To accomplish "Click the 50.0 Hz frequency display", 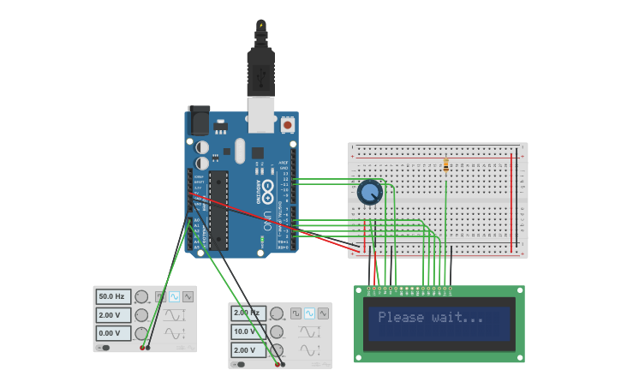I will [x=112, y=296].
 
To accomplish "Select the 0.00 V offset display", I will [x=112, y=333].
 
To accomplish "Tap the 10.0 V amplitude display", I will [x=248, y=331].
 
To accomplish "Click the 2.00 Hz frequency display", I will [x=248, y=313].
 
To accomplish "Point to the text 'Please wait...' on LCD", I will [x=430, y=318].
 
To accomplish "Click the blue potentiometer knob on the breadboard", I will [x=369, y=193].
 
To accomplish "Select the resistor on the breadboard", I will [x=446, y=165].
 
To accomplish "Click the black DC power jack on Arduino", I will [x=199, y=121].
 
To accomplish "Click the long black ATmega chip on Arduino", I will [x=218, y=210].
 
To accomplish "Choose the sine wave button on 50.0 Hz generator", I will [x=174, y=296].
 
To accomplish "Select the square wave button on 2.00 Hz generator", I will [x=296, y=313].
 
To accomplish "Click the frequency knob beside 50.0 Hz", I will [x=141, y=296].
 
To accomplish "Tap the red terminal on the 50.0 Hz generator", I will [x=142, y=348].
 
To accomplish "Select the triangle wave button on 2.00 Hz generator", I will [x=323, y=313].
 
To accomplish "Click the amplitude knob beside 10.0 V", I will [x=277, y=331].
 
